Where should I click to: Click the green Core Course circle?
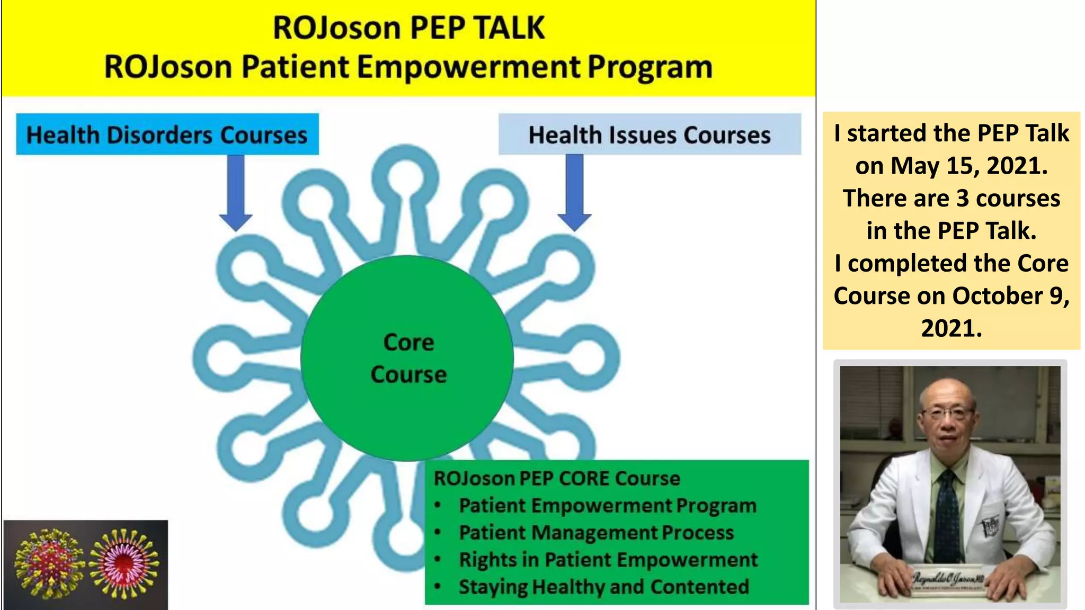(407, 358)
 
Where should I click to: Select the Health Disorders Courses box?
(167, 134)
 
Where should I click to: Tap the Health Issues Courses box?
(650, 134)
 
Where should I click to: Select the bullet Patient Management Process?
(596, 533)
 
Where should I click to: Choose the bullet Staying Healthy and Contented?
(603, 587)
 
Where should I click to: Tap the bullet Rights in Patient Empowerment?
(608, 560)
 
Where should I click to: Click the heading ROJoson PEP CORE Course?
(557, 478)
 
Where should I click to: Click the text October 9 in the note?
(1009, 295)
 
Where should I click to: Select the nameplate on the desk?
(948, 580)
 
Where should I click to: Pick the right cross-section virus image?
(124, 563)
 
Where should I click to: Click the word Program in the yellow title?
(650, 67)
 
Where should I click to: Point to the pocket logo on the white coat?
(991, 526)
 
